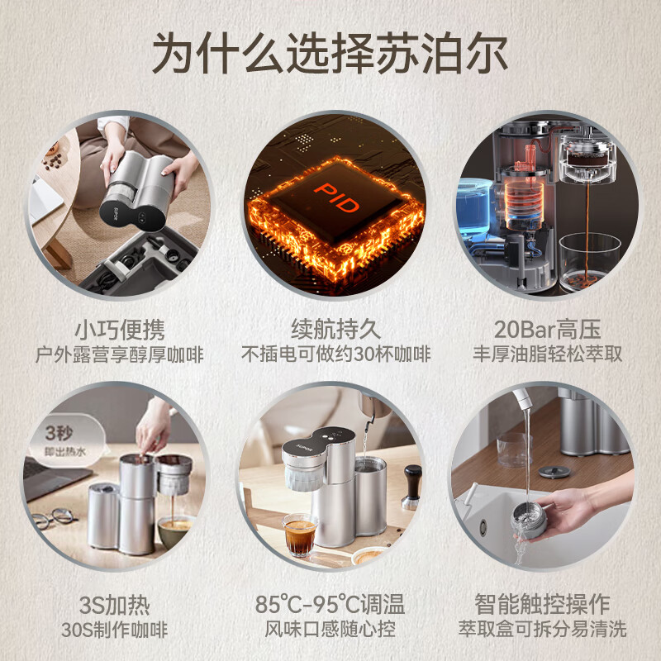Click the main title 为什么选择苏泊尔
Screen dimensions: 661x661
(330, 54)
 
